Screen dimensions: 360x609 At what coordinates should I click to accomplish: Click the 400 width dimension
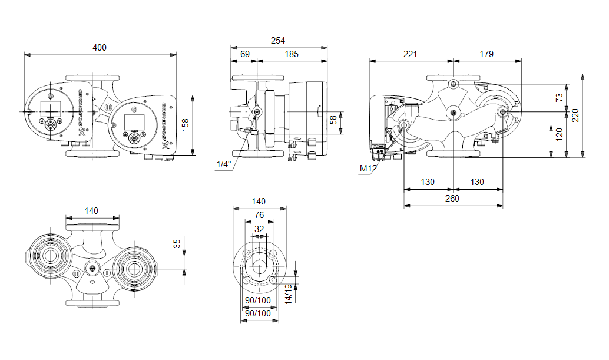coord(100,47)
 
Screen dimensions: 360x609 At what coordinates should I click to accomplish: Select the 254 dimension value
coord(277,41)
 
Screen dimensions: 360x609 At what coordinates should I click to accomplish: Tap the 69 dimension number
coord(245,54)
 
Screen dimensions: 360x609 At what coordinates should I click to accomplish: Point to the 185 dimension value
coord(292,54)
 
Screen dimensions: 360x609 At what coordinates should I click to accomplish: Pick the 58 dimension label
coord(333,120)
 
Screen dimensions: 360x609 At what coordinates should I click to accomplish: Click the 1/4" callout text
coord(224,164)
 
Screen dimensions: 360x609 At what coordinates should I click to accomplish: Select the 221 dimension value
coord(410,54)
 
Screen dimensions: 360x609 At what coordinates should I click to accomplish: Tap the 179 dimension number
coord(486,54)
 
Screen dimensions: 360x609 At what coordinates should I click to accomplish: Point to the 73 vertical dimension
coord(560,97)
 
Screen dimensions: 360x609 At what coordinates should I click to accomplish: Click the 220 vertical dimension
coord(575,116)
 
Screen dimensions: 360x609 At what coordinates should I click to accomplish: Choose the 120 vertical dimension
coord(560,141)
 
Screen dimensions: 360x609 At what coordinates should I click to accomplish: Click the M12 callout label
coord(368,169)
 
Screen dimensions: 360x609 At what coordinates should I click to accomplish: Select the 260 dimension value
coord(452,199)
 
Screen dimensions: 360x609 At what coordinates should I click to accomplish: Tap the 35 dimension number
coord(177,243)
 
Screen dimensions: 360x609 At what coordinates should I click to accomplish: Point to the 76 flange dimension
coord(259,215)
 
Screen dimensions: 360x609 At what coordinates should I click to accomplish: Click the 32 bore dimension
coord(259,229)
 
